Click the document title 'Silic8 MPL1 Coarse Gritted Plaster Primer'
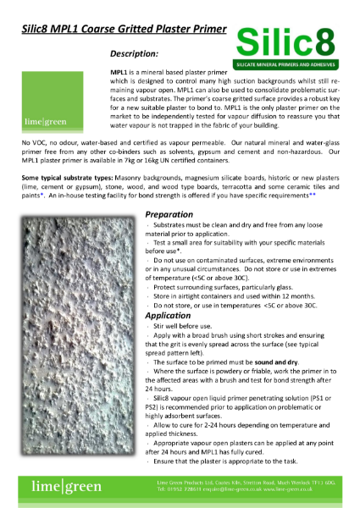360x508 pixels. click(124, 29)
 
